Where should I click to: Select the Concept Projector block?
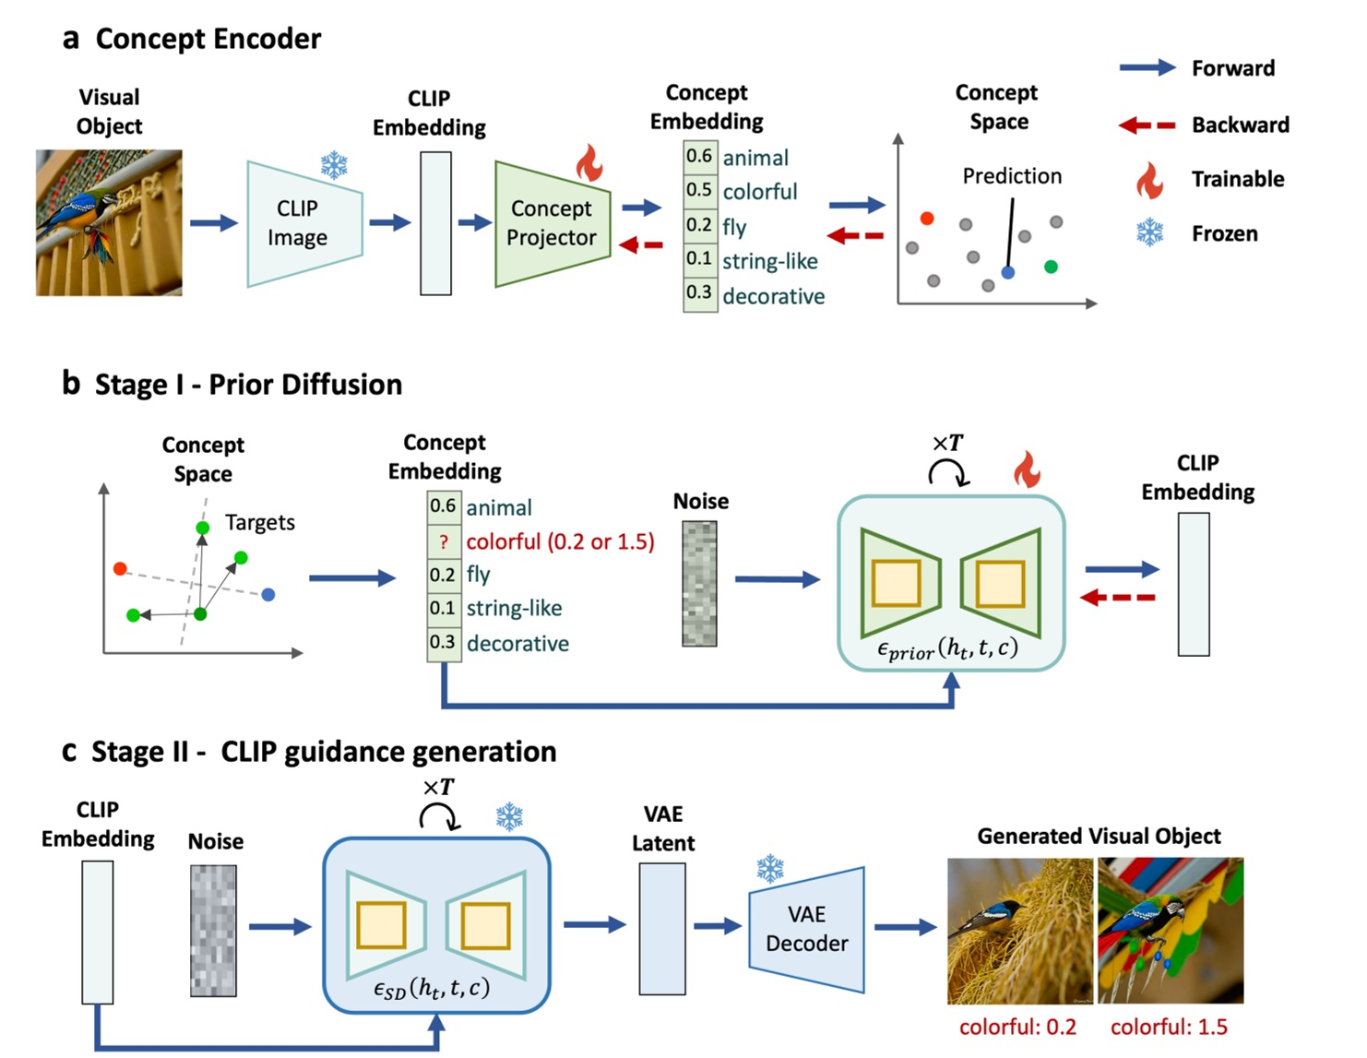(x=552, y=224)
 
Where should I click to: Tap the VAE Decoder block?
(x=806, y=929)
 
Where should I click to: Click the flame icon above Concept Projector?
(x=588, y=163)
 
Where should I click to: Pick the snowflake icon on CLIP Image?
(x=334, y=165)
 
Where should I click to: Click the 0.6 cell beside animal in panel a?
(x=699, y=156)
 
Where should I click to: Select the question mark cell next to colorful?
(x=443, y=541)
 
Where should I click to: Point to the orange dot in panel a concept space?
(x=927, y=219)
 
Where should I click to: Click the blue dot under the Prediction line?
(x=1008, y=273)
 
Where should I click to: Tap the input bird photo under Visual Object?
(x=109, y=222)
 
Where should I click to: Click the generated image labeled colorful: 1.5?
(x=1170, y=931)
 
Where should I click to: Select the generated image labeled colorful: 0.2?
(x=1019, y=931)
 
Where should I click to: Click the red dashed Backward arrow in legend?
(x=1147, y=125)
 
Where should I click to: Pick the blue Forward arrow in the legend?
(x=1147, y=67)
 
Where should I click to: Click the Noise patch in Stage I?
(x=699, y=583)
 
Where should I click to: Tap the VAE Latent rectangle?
(x=662, y=929)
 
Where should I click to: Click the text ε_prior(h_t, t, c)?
(x=947, y=649)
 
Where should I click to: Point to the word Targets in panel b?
(x=260, y=523)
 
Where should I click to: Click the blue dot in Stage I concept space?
(x=268, y=595)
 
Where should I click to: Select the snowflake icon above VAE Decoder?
(x=770, y=868)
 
